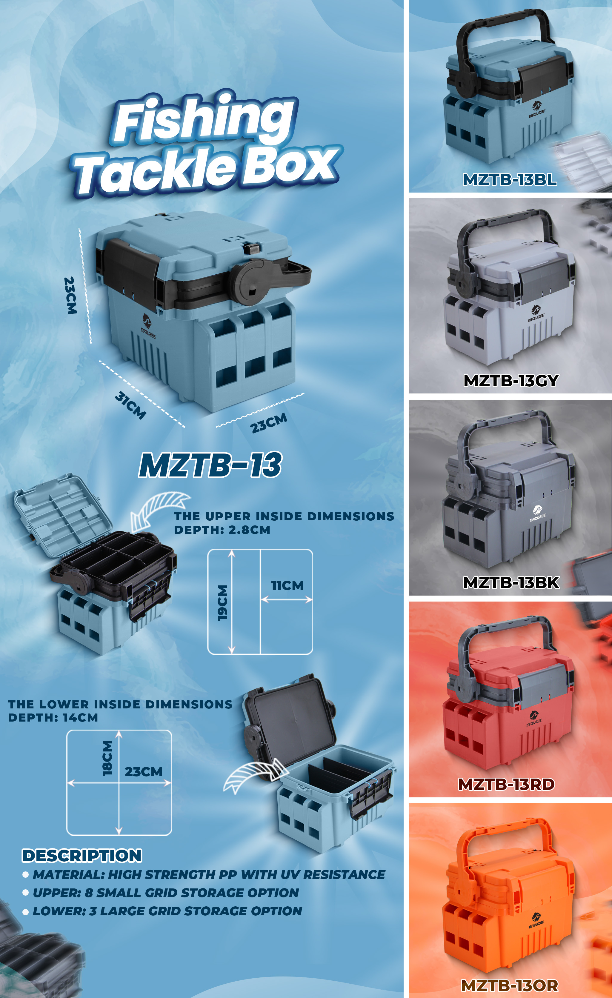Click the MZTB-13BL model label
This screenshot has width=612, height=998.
pos(510,179)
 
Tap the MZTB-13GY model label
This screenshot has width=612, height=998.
pos(511,380)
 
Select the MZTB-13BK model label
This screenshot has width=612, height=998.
pos(511,582)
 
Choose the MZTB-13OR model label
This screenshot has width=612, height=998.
pos(510,985)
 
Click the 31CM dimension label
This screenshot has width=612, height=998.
pos(130,405)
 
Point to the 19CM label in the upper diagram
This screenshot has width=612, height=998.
pos(222,603)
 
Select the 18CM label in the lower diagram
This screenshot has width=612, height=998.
pos(107,758)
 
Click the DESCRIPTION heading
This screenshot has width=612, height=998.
pos(82,855)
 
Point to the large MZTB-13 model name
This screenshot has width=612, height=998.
pos(210,464)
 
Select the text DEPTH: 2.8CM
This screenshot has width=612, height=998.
pos(222,530)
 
